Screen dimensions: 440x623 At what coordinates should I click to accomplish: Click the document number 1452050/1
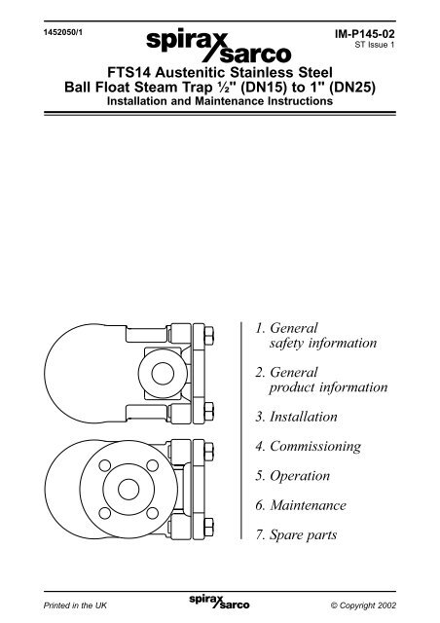pyautogui.click(x=63, y=32)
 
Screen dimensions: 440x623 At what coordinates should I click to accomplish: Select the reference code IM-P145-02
pyautogui.click(x=365, y=34)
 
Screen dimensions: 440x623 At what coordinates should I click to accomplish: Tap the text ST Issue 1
pyautogui.click(x=375, y=45)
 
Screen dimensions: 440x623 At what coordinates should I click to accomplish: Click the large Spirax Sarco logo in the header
pyautogui.click(x=219, y=46)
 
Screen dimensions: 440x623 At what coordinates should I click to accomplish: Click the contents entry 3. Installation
pyautogui.click(x=297, y=417)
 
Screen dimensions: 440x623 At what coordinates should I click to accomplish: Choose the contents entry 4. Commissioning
pyautogui.click(x=309, y=447)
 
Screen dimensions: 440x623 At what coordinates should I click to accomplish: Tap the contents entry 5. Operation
pyautogui.click(x=293, y=476)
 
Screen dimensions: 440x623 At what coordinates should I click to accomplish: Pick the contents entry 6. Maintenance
pyautogui.click(x=301, y=505)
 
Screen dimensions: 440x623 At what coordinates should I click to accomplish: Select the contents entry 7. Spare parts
pyautogui.click(x=296, y=535)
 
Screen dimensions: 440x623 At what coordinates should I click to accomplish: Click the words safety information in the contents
pyautogui.click(x=323, y=344)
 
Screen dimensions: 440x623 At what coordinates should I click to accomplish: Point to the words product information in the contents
pyautogui.click(x=328, y=387)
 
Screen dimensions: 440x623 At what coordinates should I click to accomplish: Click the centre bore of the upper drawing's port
pyautogui.click(x=163, y=374)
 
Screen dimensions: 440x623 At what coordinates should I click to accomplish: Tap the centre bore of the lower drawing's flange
pyautogui.click(x=128, y=489)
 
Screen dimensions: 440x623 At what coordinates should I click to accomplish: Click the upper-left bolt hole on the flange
pyautogui.click(x=105, y=465)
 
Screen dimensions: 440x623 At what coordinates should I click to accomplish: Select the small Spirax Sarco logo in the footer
pyautogui.click(x=219, y=602)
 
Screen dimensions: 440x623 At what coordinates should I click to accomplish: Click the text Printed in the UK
pyautogui.click(x=75, y=605)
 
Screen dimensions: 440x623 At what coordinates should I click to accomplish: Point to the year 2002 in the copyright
pyautogui.click(x=387, y=605)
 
